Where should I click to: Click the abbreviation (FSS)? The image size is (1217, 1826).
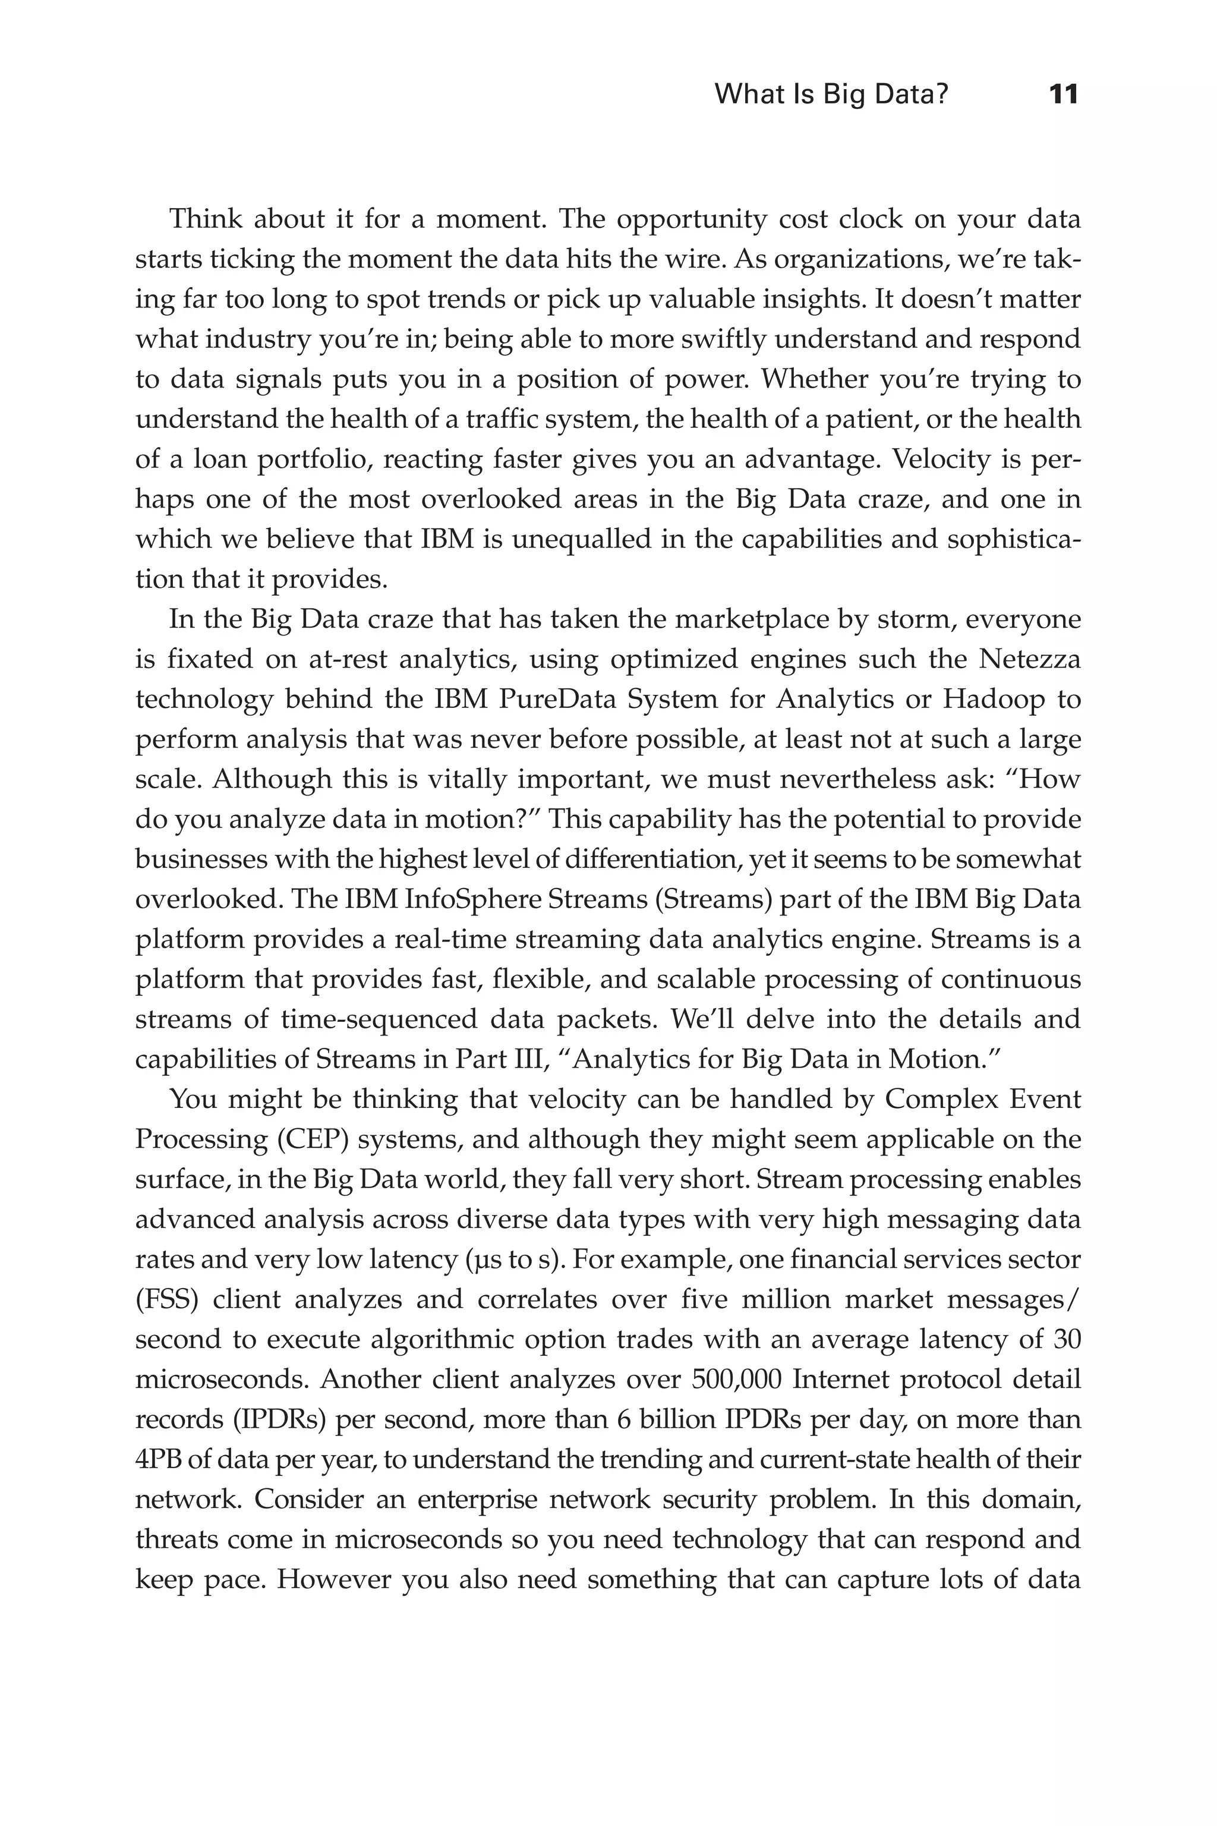coord(167,1299)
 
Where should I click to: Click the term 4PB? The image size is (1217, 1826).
coord(157,1460)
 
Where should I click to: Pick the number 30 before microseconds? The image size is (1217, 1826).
coord(1067,1339)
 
